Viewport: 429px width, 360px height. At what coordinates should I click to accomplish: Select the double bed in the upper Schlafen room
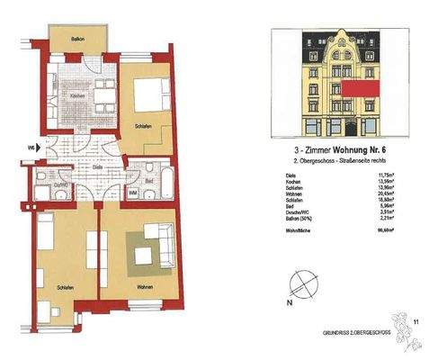pyautogui.click(x=147, y=94)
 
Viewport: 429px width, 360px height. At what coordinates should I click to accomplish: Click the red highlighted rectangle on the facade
pyautogui.click(x=357, y=86)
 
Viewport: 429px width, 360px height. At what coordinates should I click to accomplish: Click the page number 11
pyautogui.click(x=416, y=319)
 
